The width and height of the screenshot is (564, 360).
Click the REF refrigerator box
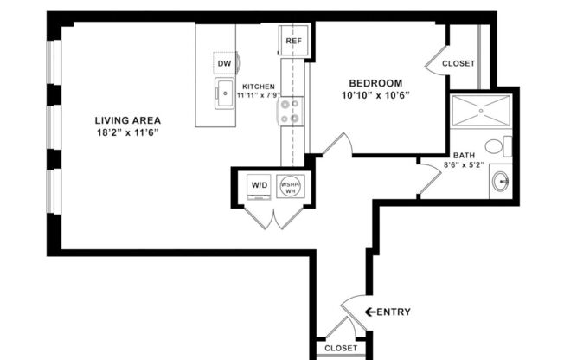point(292,40)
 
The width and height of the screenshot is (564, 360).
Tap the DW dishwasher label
point(225,63)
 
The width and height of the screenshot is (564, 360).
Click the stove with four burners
point(292,110)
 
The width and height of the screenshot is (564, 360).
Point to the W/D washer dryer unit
point(259,185)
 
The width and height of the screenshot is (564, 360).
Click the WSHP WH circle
point(289,187)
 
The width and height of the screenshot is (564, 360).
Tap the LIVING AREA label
point(128,120)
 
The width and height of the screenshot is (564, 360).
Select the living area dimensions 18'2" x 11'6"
point(128,132)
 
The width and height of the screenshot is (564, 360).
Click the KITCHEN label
point(260,87)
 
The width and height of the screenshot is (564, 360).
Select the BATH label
point(463,156)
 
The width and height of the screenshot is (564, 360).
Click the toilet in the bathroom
point(497,146)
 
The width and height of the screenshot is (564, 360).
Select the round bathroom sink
point(499,182)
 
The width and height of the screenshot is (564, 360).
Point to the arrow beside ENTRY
point(369,312)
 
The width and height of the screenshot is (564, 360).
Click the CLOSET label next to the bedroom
point(458,63)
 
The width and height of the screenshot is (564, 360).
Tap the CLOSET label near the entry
point(341,348)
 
